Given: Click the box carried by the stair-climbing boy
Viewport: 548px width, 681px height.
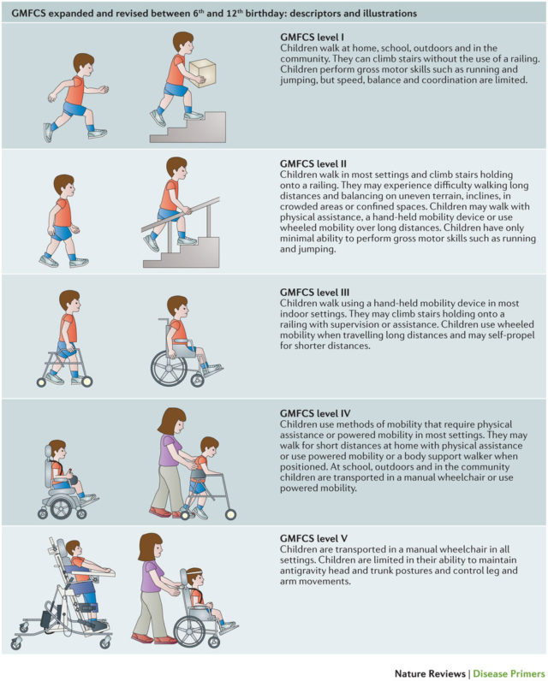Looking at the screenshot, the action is pos(203,73).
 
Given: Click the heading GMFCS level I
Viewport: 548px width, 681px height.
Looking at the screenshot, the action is pos(312,38).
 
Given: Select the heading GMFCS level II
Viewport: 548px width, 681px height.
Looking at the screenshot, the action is pos(313,163).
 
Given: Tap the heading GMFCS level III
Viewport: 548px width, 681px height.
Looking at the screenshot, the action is pos(314,293).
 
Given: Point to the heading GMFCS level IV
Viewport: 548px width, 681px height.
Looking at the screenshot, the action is pos(315,413).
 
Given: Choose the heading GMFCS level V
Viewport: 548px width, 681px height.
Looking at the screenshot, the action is pos(313,538).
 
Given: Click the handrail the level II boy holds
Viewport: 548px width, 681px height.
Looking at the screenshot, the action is pos(181,214).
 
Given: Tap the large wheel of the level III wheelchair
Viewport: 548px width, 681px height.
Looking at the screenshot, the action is pos(169,368).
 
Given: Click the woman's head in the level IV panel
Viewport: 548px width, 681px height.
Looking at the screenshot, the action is pos(173,420).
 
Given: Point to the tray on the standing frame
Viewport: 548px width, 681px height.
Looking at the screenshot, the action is pos(92,571).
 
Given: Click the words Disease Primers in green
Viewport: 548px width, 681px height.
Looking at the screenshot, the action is pos(509,673).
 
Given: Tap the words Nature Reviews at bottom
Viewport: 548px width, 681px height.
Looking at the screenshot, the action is pos(430,673).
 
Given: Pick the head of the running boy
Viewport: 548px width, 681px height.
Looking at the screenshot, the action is pos(83,64).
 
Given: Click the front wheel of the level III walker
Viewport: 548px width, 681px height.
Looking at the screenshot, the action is pos(87,382).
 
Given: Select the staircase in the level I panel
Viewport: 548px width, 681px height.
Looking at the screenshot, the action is pos(188,127).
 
